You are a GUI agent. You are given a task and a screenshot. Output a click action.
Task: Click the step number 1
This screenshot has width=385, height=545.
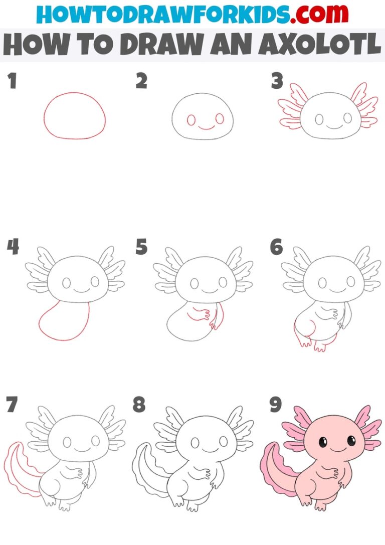coord(12,81)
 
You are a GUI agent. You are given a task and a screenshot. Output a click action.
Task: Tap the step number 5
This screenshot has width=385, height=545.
coord(141,247)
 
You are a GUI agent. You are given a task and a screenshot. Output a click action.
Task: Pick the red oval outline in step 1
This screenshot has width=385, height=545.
coord(75,93)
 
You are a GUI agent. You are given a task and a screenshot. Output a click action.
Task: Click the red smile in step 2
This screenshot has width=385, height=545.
coord(205,127)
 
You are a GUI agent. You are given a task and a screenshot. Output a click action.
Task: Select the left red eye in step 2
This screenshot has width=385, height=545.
coord(191,120)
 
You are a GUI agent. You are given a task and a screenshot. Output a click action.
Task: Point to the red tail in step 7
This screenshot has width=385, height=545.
coord(15,466)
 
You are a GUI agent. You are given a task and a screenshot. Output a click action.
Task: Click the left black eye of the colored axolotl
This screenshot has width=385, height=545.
coord(323,442)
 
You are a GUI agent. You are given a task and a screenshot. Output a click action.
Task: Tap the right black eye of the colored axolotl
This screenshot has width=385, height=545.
coord(351,442)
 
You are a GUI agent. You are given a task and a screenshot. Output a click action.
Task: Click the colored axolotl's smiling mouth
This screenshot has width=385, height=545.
coord(337,449)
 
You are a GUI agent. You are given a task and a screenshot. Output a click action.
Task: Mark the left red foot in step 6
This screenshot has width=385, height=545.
coord(302,341)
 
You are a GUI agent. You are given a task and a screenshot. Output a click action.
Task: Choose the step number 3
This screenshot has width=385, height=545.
coord(277,81)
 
